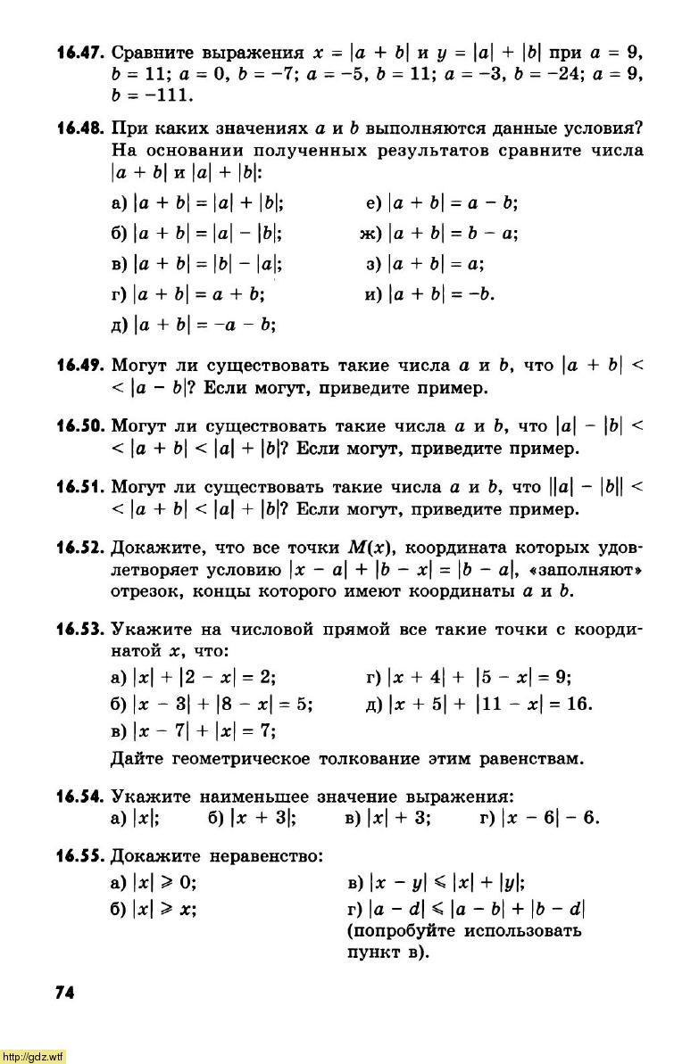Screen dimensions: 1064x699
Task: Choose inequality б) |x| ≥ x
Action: (x=154, y=909)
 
